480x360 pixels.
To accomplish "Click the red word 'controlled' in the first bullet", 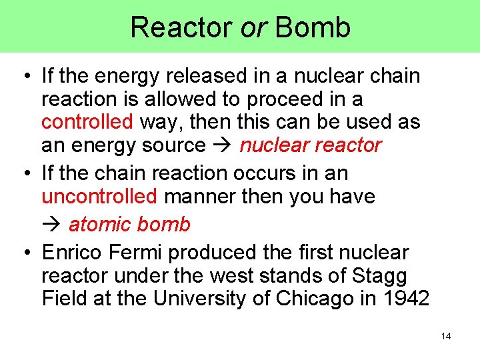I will click(87, 122).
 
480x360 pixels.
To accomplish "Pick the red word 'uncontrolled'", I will click(99, 197).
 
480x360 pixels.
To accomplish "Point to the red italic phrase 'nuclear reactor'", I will click(311, 145).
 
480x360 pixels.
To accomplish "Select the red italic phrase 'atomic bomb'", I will click(129, 225).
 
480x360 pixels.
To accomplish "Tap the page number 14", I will click(446, 336).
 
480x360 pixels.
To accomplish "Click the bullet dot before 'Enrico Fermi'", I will click(25, 253).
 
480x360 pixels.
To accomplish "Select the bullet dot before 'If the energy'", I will click(25, 77).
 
